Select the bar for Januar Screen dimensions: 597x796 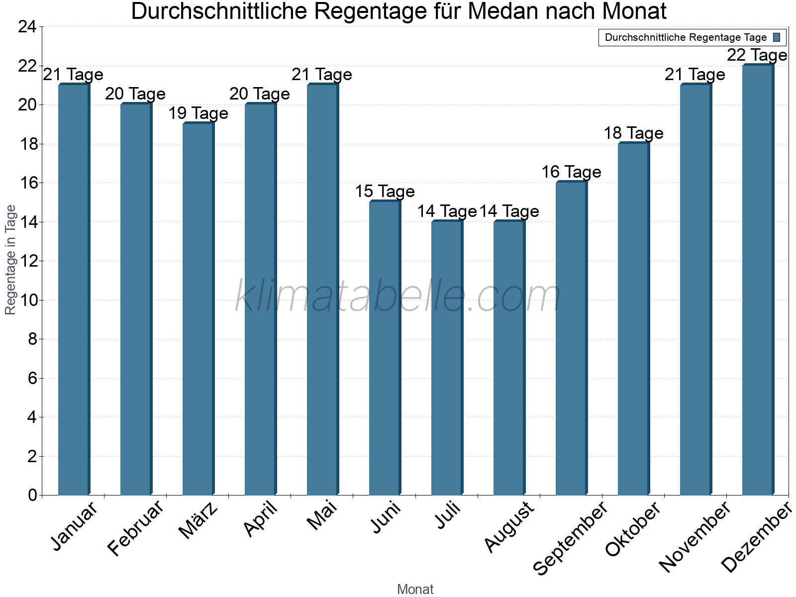[74, 290]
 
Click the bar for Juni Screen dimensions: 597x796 [385, 348]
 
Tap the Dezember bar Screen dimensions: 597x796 [758, 280]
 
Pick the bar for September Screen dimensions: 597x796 [571, 338]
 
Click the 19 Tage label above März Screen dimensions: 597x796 [198, 113]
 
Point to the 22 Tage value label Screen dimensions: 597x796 [757, 55]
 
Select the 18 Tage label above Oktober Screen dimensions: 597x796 [633, 133]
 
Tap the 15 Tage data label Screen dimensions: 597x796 [385, 192]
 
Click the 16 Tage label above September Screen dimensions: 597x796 [571, 172]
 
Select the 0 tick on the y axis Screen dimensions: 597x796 [33, 495]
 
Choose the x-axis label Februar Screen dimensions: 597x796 [135, 528]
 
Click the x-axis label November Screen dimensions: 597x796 [695, 536]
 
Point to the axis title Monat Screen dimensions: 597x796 [415, 590]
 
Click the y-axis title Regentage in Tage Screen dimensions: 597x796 [11, 260]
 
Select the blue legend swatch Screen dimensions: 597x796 [777, 37]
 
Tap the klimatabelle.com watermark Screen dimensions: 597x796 [398, 297]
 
